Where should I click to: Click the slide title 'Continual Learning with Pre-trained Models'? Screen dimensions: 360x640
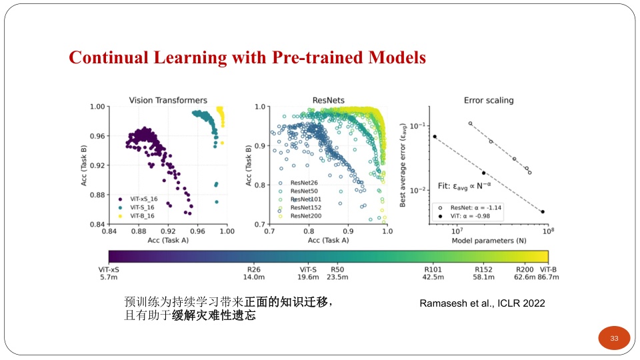click(247, 57)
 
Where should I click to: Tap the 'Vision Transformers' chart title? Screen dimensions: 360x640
click(168, 101)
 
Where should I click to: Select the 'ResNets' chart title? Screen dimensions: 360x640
click(328, 101)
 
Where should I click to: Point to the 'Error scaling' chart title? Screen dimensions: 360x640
click(489, 101)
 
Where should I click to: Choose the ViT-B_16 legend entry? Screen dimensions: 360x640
click(138, 215)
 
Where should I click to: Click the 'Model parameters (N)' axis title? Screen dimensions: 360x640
click(489, 239)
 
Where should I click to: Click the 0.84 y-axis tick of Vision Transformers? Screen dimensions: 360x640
click(97, 224)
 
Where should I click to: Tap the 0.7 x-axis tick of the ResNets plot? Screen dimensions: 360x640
click(269, 231)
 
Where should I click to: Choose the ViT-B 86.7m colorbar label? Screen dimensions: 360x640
click(547, 273)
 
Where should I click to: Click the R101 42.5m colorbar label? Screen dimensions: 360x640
click(434, 273)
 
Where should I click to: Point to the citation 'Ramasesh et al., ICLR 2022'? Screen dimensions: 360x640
click(482, 303)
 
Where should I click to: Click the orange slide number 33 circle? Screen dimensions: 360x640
click(614, 338)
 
